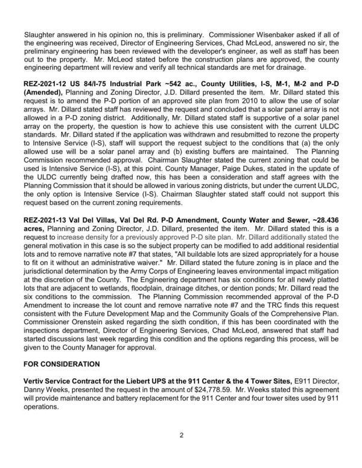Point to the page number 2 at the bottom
pyautogui.click(x=181, y=451)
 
